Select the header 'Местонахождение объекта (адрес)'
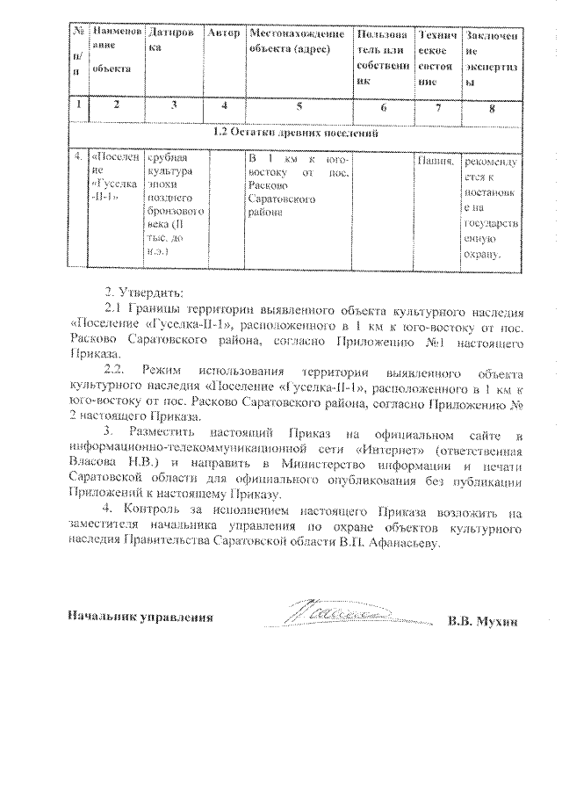click(x=298, y=41)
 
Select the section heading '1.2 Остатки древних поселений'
click(x=297, y=134)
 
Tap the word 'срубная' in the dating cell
click(x=168, y=159)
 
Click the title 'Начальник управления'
click(x=140, y=618)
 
